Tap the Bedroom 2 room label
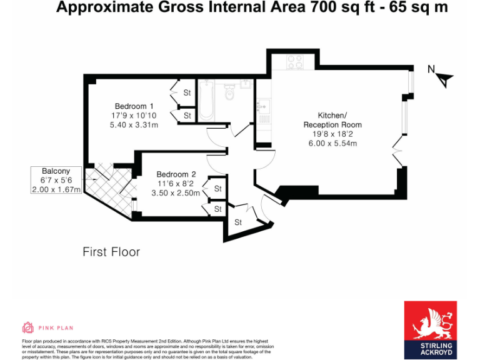pos(176,174)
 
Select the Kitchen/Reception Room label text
pos(332,120)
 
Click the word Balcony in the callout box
pos(56,171)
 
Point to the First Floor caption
pos(111,252)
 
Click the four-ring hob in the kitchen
pos(294,61)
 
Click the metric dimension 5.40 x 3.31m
pos(134,125)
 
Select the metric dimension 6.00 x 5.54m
pos(332,144)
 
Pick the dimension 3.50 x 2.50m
pos(176,193)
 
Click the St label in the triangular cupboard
pos(238,222)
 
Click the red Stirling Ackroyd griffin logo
pos(430,320)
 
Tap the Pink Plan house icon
pos(27,327)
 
